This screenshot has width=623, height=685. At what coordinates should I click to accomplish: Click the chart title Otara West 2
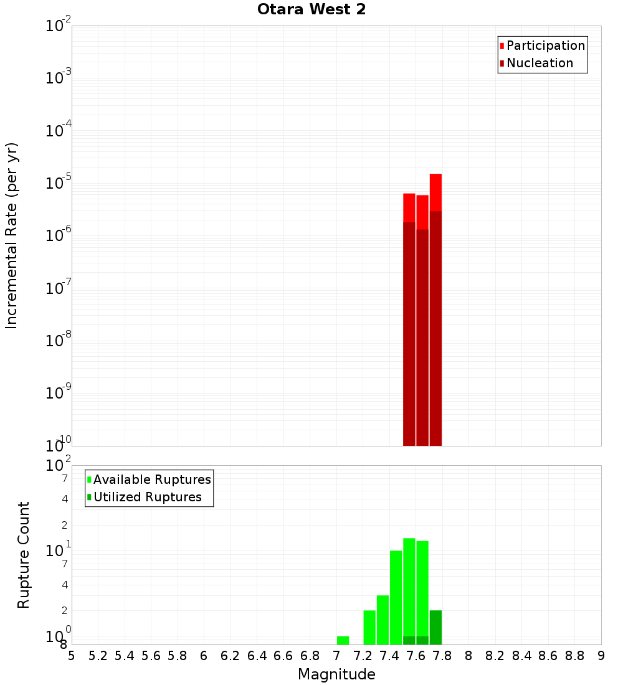[311, 9]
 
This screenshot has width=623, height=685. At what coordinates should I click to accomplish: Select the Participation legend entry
[545, 45]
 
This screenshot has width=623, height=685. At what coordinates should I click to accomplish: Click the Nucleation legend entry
[539, 63]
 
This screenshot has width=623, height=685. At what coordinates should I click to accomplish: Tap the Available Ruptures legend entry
[151, 479]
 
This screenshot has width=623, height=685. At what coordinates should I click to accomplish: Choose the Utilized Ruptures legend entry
[147, 497]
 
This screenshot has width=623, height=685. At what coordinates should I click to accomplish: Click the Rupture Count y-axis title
[24, 555]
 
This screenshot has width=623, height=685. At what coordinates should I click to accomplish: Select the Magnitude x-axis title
[336, 674]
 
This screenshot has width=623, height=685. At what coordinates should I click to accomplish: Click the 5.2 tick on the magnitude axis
[98, 656]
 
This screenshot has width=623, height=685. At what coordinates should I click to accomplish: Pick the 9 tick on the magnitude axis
[601, 656]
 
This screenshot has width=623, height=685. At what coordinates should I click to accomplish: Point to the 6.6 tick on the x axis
[283, 656]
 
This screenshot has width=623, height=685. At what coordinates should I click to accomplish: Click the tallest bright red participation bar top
[435, 176]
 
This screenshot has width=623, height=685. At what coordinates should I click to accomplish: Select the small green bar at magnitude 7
[343, 640]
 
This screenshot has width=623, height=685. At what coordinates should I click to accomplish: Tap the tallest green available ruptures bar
[409, 585]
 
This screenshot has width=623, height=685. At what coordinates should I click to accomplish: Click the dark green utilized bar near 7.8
[435, 628]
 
